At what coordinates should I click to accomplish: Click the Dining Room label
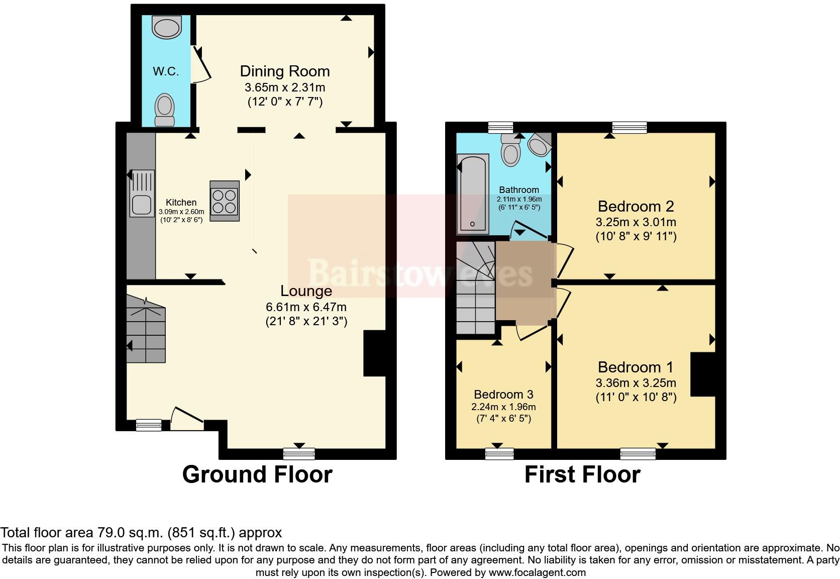[285, 71]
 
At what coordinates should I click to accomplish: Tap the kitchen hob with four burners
[225, 201]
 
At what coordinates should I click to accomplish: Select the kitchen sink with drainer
[142, 193]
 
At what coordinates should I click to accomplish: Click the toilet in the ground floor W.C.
[165, 110]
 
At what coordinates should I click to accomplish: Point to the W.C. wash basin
[167, 27]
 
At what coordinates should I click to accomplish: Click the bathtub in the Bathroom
[473, 194]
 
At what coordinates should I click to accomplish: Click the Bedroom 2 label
[636, 206]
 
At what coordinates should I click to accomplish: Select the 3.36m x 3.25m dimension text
[636, 383]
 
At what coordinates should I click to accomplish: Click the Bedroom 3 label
[503, 395]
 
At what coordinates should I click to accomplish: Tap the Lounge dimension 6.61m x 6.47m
[306, 307]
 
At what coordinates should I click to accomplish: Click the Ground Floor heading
[257, 474]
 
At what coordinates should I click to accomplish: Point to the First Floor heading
[582, 474]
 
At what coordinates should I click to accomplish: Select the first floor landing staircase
[476, 287]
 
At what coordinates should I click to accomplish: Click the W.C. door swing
[200, 64]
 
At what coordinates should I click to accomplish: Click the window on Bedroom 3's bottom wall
[499, 454]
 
